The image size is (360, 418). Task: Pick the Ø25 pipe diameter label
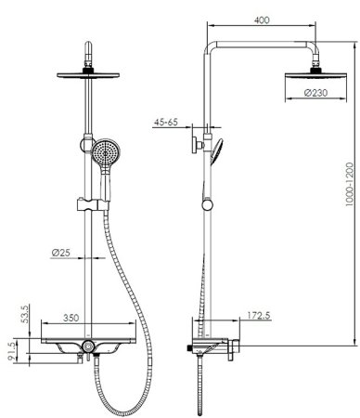pyautogui.click(x=60, y=253)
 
